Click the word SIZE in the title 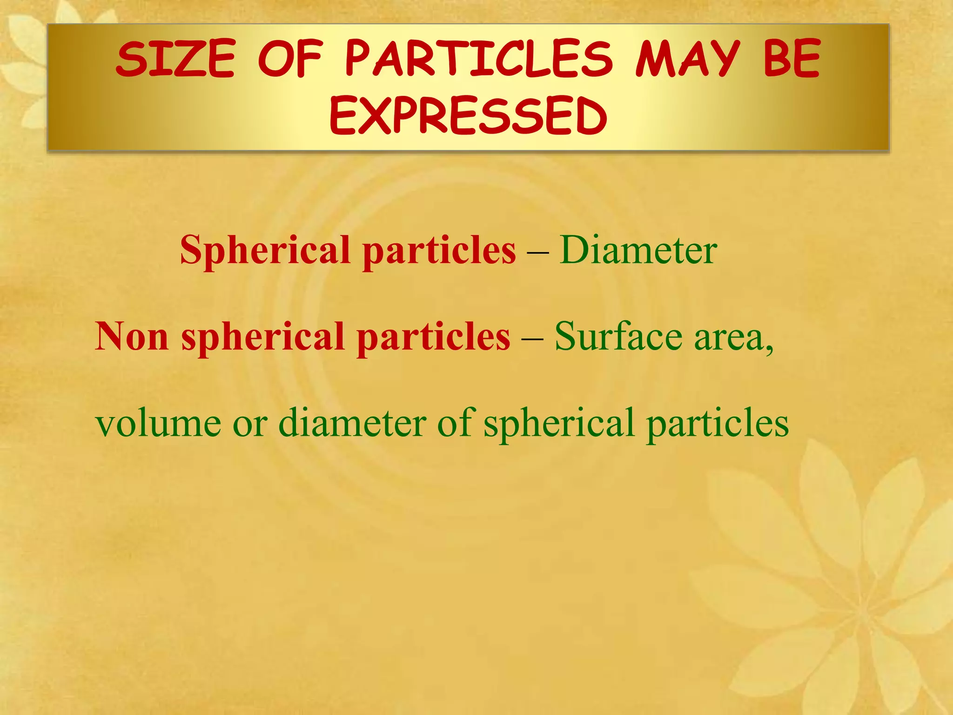click(175, 59)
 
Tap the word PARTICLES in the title click(479, 59)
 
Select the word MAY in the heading click(688, 59)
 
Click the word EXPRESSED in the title click(469, 116)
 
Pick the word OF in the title click(290, 59)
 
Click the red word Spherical click(265, 250)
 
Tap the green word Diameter click(638, 250)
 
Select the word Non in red click(131, 336)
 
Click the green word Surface click(618, 336)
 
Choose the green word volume click(158, 423)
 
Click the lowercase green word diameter click(352, 423)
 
